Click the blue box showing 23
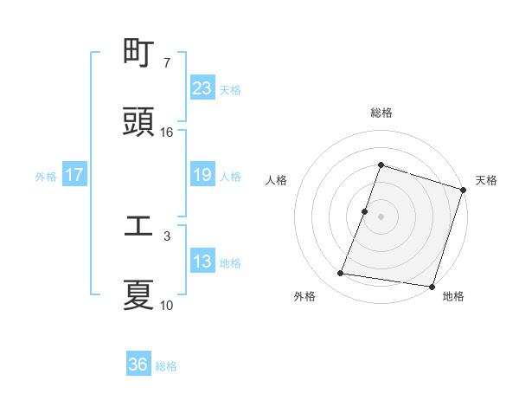pos(202,88)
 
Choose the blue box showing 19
pos(202,175)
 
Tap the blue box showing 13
pos(202,262)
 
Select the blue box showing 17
pos(74,175)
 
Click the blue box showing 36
pos(138,365)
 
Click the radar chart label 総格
pos(381,113)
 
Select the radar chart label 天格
pos(486,180)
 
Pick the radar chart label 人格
pos(276,180)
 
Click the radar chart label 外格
pos(304,296)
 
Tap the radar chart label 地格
pos(453,296)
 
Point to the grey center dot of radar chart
pos(381,216)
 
